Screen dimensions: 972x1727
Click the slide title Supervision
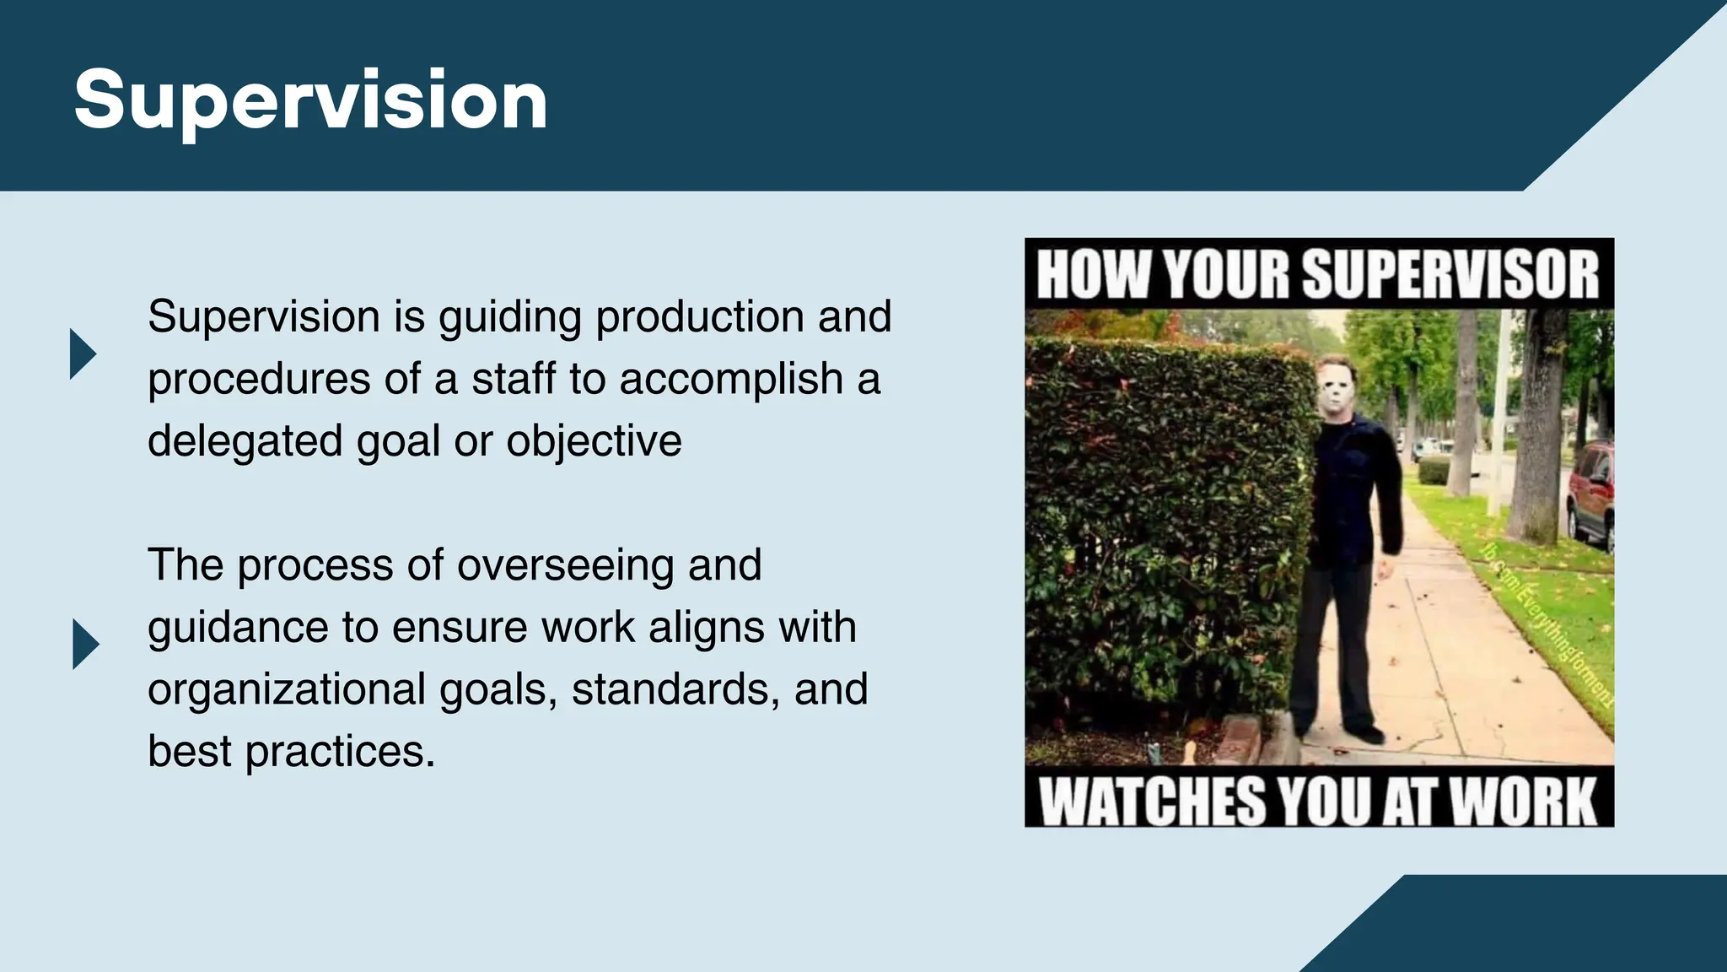pyautogui.click(x=310, y=101)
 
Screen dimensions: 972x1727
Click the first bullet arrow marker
pyautogui.click(x=83, y=354)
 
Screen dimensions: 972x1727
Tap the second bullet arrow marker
pyautogui.click(x=85, y=645)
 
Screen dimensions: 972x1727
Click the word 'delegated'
pyautogui.click(x=245, y=441)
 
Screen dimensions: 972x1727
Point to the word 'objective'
pyautogui.click(x=594, y=441)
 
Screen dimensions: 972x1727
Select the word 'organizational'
pyautogui.click(x=286, y=689)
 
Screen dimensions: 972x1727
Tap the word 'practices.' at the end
pyautogui.click(x=340, y=752)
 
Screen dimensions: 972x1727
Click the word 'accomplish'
pyautogui.click(x=731, y=380)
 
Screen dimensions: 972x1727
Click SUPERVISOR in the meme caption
pyautogui.click(x=1450, y=275)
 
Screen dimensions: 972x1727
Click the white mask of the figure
pyautogui.click(x=1336, y=387)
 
